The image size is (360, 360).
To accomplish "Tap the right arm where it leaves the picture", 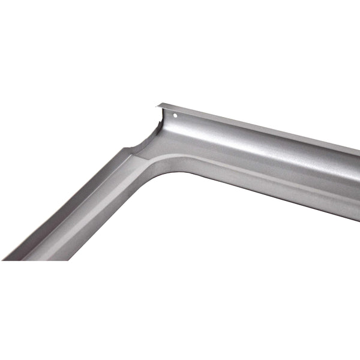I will [x=356, y=174].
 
